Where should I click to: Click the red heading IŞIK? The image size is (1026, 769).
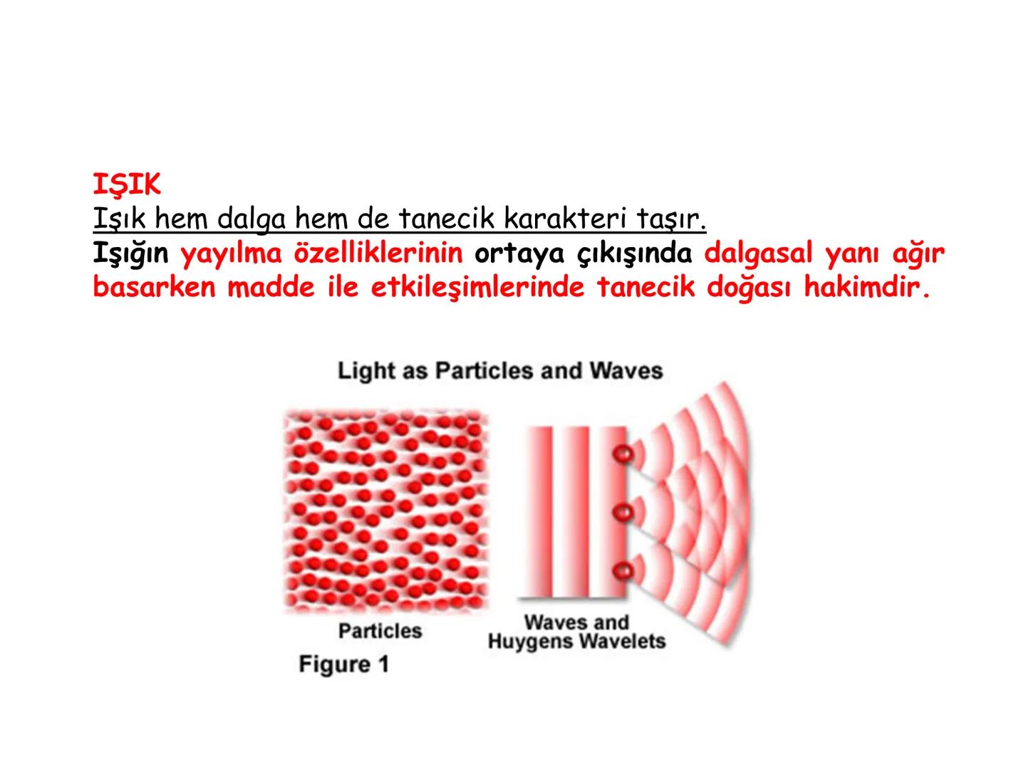(127, 185)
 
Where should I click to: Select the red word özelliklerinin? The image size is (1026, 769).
(378, 253)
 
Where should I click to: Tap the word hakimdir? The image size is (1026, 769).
(867, 288)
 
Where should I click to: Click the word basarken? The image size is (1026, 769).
(154, 288)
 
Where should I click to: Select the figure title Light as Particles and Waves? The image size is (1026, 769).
(500, 370)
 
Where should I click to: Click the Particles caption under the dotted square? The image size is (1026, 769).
(380, 631)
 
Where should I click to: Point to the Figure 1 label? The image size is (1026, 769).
(344, 664)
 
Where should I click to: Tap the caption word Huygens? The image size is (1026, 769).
(530, 642)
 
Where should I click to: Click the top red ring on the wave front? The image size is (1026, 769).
(624, 454)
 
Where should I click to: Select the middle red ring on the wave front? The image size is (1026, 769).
(624, 511)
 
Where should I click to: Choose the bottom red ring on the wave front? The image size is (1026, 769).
(624, 570)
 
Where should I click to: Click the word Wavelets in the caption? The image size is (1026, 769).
(621, 642)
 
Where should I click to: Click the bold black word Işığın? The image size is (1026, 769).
(130, 253)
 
